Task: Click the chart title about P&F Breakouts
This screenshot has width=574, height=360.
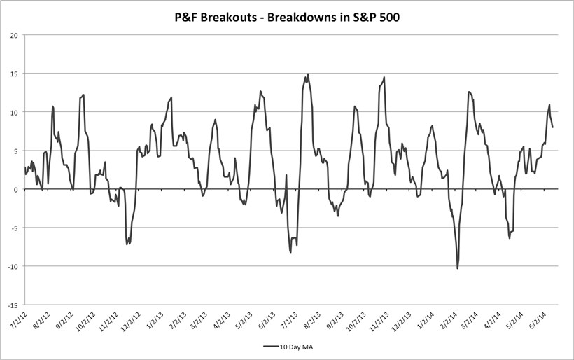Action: (287, 15)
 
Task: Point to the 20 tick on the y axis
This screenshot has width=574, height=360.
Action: (14, 35)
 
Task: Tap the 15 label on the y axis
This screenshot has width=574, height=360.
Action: (14, 74)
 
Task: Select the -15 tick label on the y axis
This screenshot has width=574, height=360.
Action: (13, 305)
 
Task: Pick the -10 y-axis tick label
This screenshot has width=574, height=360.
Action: (13, 266)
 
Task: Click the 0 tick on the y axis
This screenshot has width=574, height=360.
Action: (16, 189)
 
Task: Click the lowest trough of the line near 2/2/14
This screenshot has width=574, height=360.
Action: (458, 268)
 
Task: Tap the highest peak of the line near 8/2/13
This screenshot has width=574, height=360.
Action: (308, 74)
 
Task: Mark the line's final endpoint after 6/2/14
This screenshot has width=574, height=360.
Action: (553, 127)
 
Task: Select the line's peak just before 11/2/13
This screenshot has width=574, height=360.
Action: (384, 77)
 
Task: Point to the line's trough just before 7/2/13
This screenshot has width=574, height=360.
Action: (290, 251)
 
